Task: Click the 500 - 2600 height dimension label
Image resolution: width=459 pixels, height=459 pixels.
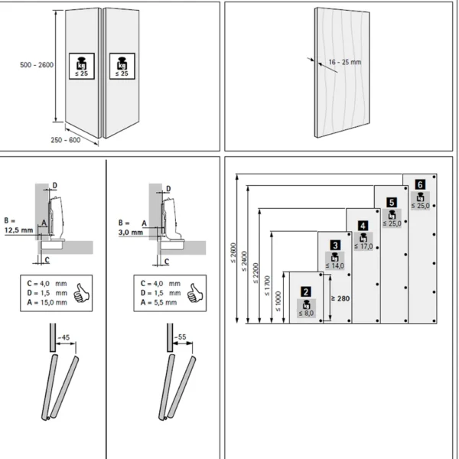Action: (x=35, y=66)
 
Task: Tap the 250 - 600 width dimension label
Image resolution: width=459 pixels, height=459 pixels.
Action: (x=67, y=139)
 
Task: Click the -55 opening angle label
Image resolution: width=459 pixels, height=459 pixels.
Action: (x=181, y=336)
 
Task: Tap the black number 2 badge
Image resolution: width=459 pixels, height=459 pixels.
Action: (x=305, y=291)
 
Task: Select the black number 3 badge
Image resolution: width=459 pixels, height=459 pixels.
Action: (x=335, y=245)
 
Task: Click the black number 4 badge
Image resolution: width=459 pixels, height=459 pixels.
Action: (x=363, y=225)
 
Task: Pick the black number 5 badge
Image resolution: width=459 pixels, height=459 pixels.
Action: (x=391, y=202)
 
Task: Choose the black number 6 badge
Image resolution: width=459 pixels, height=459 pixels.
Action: (x=419, y=184)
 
